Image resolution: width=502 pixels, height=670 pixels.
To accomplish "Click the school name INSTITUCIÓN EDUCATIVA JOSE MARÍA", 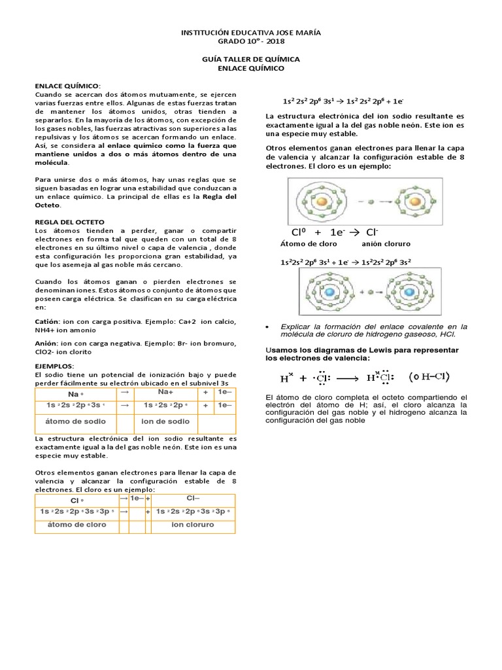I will tap(251, 32).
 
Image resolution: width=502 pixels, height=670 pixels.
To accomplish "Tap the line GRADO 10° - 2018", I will tap(251, 41).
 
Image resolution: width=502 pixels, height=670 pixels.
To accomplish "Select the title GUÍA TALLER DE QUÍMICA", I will tap(251, 59).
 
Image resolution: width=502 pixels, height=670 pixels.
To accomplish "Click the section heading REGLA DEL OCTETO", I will tap(69, 222).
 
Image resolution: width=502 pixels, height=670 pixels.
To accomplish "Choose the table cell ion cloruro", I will tap(193, 525).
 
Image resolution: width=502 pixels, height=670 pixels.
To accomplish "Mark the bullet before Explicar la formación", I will tap(271, 325).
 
